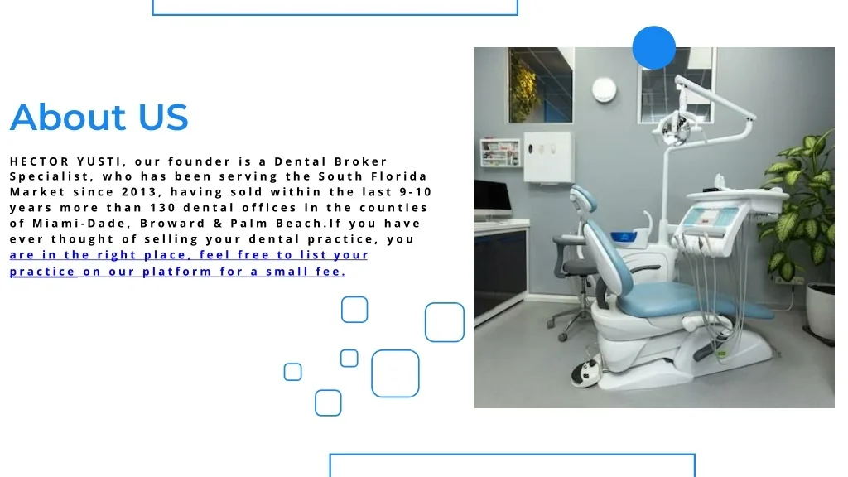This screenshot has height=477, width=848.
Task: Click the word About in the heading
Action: [x=68, y=117]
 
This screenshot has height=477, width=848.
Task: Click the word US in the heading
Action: [x=163, y=117]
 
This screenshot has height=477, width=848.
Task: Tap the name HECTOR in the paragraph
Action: [x=40, y=161]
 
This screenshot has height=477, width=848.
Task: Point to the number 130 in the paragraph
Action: [x=162, y=208]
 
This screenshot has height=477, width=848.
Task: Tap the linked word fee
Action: [x=330, y=272]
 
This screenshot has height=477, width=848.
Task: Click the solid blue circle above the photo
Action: [x=654, y=47]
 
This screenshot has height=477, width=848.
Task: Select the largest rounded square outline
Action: [x=395, y=350]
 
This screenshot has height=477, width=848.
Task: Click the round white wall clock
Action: [x=604, y=89]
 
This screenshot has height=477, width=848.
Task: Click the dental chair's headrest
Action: [x=584, y=199]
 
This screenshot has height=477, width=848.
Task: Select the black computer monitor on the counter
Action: [x=492, y=199]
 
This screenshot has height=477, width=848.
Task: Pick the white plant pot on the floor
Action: [x=820, y=311]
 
